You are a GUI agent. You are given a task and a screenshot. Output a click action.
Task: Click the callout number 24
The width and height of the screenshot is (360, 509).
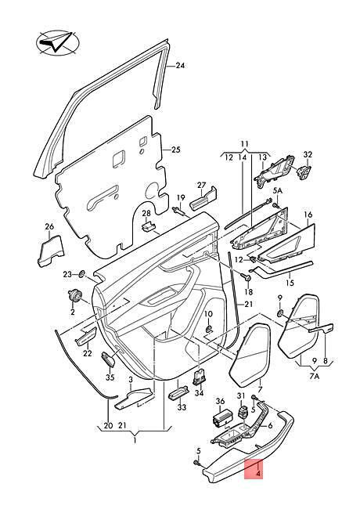click(x=180, y=66)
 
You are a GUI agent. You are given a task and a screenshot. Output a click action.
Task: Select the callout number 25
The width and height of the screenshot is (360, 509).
click(x=175, y=150)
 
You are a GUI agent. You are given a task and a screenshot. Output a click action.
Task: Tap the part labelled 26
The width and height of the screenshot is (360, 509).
click(x=51, y=251)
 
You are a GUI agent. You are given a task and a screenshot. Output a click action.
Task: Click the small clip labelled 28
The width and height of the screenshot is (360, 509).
click(x=148, y=226)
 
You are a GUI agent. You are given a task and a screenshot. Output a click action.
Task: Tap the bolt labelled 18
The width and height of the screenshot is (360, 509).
click(x=247, y=278)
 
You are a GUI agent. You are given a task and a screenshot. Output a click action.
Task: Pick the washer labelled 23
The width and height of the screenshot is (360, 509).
click(x=82, y=274)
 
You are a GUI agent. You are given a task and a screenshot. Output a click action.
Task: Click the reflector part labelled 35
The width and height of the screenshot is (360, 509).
click(x=109, y=359)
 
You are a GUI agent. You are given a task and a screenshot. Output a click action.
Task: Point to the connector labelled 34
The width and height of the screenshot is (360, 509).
click(x=200, y=377)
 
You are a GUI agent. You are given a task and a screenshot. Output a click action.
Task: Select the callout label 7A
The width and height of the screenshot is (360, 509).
click(x=315, y=377)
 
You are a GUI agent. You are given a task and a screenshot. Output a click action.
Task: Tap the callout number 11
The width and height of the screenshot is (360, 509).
click(x=244, y=144)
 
